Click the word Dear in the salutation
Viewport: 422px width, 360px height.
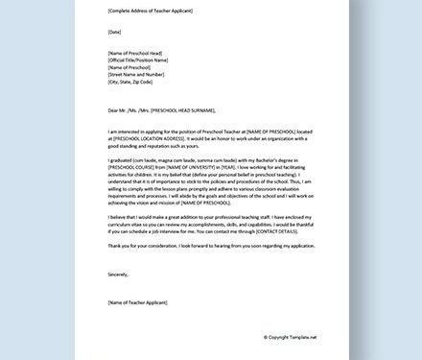click(114, 110)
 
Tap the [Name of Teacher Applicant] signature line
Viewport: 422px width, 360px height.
click(140, 303)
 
